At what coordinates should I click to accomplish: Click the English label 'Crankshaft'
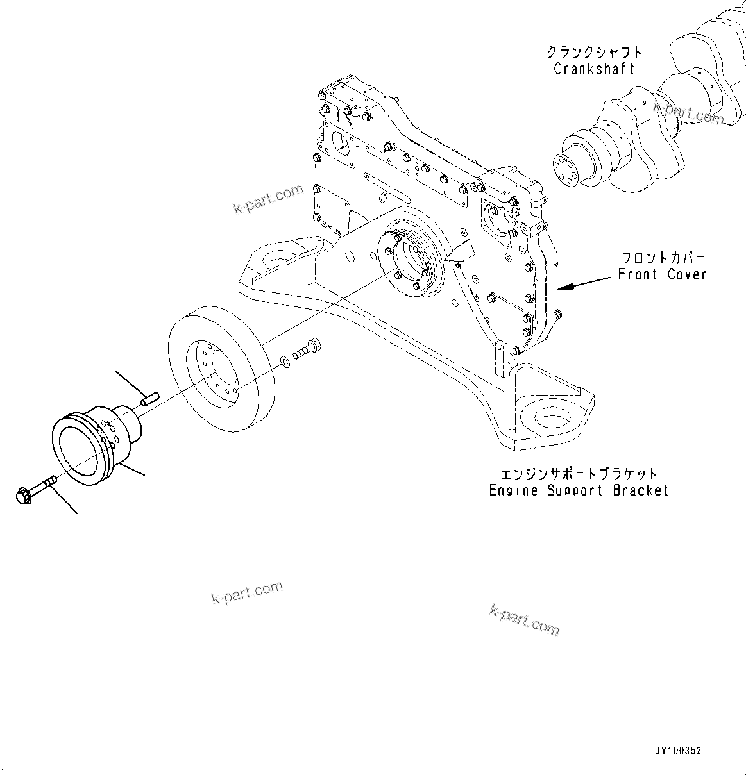(594, 69)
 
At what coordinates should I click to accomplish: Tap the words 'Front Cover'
(662, 274)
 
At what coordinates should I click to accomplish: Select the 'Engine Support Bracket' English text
(579, 490)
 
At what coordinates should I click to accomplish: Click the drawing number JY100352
(678, 751)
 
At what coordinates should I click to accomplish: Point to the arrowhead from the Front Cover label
(560, 289)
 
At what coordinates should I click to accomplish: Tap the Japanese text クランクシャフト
(594, 52)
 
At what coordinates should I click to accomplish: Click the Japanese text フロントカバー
(662, 258)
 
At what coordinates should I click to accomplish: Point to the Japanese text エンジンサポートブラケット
(579, 474)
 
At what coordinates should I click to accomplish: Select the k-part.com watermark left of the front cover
(267, 199)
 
